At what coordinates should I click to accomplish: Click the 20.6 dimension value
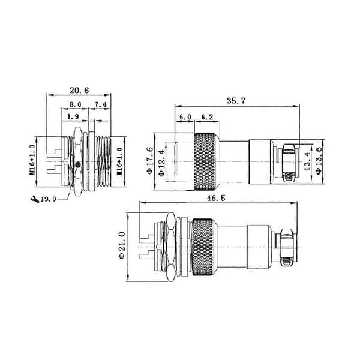79,90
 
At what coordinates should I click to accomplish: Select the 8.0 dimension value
76,104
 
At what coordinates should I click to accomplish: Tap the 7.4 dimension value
101,104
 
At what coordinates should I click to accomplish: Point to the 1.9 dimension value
73,116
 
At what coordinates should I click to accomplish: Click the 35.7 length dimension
236,101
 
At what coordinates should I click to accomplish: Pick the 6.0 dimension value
185,117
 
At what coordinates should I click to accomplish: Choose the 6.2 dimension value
207,117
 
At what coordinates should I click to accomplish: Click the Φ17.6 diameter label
149,160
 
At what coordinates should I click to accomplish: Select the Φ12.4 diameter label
161,163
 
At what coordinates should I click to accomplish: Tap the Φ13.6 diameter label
319,160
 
